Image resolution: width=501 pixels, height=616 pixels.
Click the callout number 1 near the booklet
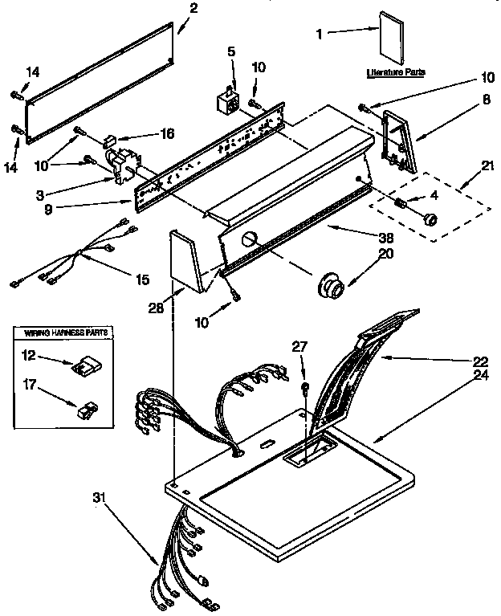pyautogui.click(x=320, y=33)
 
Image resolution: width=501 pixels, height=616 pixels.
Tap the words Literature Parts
pyautogui.click(x=396, y=72)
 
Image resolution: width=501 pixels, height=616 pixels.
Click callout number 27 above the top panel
pyautogui.click(x=299, y=348)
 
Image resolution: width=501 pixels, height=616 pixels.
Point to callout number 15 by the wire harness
pyautogui.click(x=142, y=279)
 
